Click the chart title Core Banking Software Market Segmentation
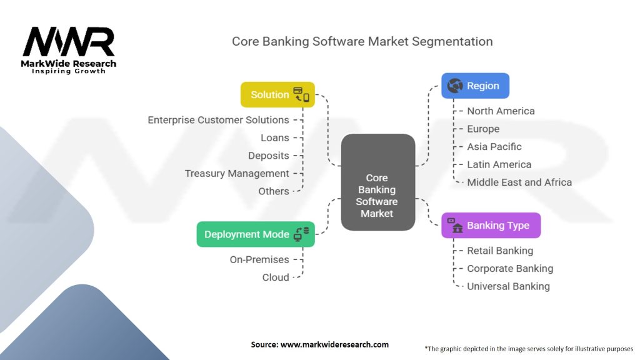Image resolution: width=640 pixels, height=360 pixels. click(362, 41)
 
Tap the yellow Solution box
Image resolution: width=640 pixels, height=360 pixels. click(277, 95)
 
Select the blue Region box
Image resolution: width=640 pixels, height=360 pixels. click(475, 86)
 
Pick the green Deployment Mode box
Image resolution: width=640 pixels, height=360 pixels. click(256, 234)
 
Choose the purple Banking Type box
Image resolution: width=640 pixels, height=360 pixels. click(491, 226)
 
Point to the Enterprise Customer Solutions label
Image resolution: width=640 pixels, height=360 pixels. click(218, 119)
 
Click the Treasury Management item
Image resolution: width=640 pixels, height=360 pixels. click(237, 173)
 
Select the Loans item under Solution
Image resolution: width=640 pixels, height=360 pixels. click(275, 137)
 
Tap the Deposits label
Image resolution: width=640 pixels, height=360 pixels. click(269, 156)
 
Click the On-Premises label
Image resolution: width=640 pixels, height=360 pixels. click(259, 259)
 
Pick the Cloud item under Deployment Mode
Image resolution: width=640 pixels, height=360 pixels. click(276, 277)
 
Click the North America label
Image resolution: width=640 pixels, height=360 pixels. click(501, 111)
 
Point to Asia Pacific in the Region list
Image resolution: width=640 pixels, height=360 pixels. click(494, 146)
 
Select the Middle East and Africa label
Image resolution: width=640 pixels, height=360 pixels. click(519, 182)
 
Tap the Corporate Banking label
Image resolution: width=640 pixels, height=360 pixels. click(510, 268)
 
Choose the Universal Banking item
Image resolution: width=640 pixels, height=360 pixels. click(508, 286)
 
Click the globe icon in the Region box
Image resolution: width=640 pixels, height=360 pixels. click(455, 86)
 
